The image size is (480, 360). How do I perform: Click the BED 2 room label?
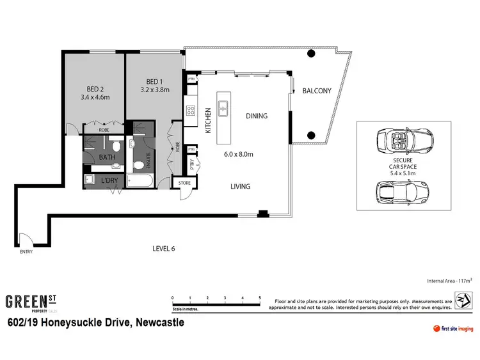[97, 89]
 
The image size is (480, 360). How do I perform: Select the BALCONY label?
[317, 91]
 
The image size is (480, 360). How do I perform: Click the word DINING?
[256, 116]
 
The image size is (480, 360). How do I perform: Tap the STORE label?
[184, 184]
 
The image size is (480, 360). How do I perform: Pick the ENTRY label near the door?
[26, 251]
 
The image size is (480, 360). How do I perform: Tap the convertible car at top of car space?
[405, 140]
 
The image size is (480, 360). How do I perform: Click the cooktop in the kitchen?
[191, 109]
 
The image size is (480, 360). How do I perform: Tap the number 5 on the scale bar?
[260, 298]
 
